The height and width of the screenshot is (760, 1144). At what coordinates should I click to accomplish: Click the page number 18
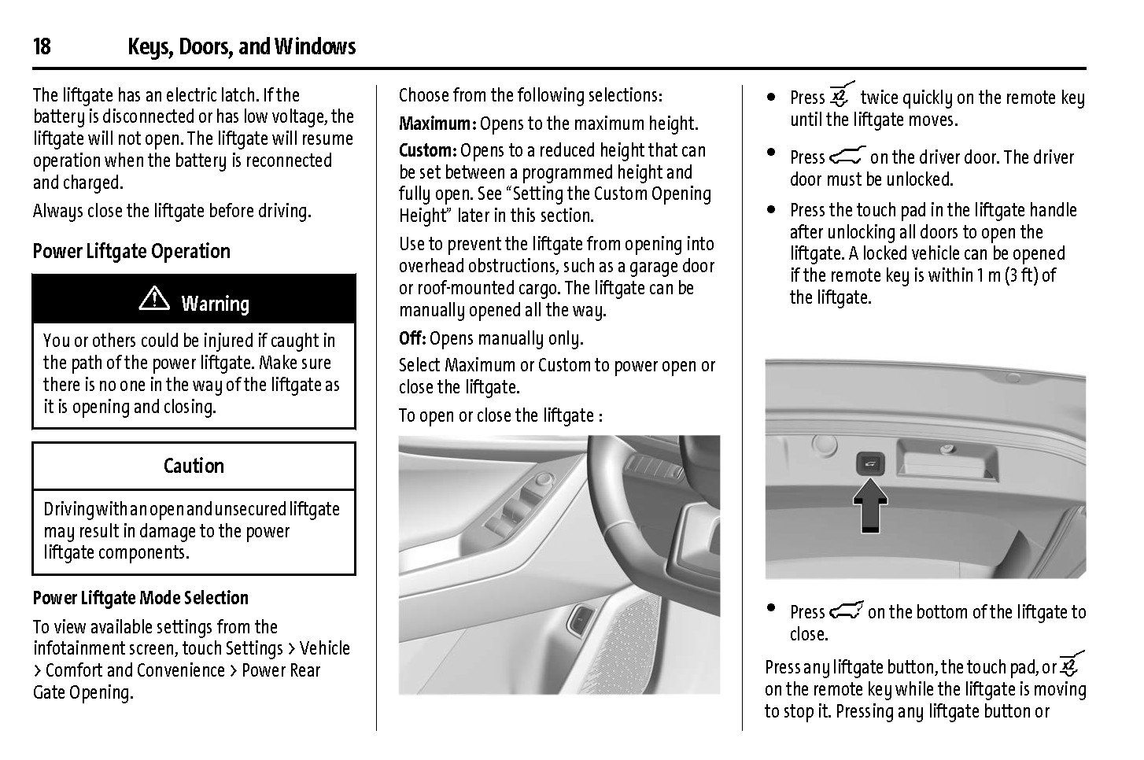click(x=42, y=47)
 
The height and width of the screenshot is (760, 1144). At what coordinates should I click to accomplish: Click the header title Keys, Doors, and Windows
click(x=242, y=47)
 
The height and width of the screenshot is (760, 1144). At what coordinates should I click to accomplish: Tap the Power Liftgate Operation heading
click(x=131, y=252)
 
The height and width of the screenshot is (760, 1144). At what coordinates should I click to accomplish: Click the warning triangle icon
click(x=154, y=301)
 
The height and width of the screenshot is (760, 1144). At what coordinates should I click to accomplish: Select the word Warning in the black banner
click(x=215, y=304)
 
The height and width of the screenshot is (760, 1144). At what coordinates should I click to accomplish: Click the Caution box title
click(x=194, y=466)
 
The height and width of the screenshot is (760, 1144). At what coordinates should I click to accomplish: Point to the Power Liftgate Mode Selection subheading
click(x=141, y=598)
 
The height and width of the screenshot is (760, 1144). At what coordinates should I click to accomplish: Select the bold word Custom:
click(x=427, y=150)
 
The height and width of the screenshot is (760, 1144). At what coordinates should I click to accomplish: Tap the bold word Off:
click(x=412, y=338)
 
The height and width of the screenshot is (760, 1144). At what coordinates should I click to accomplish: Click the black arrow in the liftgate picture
click(x=869, y=507)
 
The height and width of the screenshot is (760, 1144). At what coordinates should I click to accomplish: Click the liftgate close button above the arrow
click(x=870, y=465)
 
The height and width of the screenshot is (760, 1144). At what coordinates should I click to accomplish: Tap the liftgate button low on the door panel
click(x=578, y=622)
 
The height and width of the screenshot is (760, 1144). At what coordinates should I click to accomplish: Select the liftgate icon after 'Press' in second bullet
click(x=847, y=156)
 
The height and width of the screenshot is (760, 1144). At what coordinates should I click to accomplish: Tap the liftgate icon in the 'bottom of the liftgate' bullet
click(x=846, y=611)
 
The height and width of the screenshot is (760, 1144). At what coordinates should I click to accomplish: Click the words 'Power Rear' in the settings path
click(x=281, y=670)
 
